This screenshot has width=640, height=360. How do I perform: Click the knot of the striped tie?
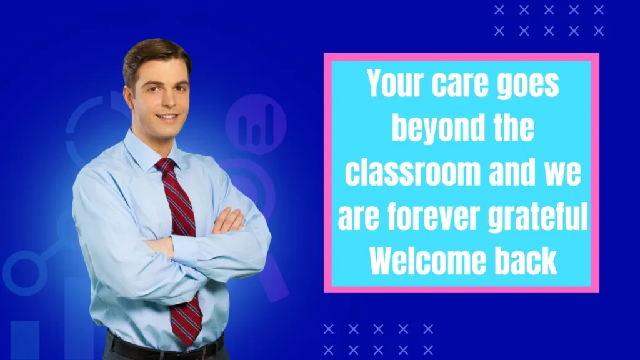click(166, 167)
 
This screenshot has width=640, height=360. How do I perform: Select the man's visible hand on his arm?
click(227, 221)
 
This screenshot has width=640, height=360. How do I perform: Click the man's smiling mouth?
click(167, 117)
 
